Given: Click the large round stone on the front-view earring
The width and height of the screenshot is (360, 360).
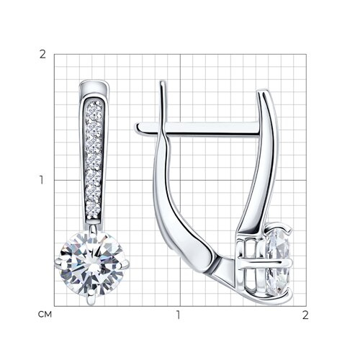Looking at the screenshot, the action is tap(93, 264).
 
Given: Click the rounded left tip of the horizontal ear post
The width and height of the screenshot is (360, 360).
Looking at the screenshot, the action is tap(139, 127).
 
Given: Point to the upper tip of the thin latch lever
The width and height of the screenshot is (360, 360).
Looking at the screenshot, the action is tap(163, 84).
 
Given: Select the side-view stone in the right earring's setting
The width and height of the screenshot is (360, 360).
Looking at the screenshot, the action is tap(279, 261).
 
